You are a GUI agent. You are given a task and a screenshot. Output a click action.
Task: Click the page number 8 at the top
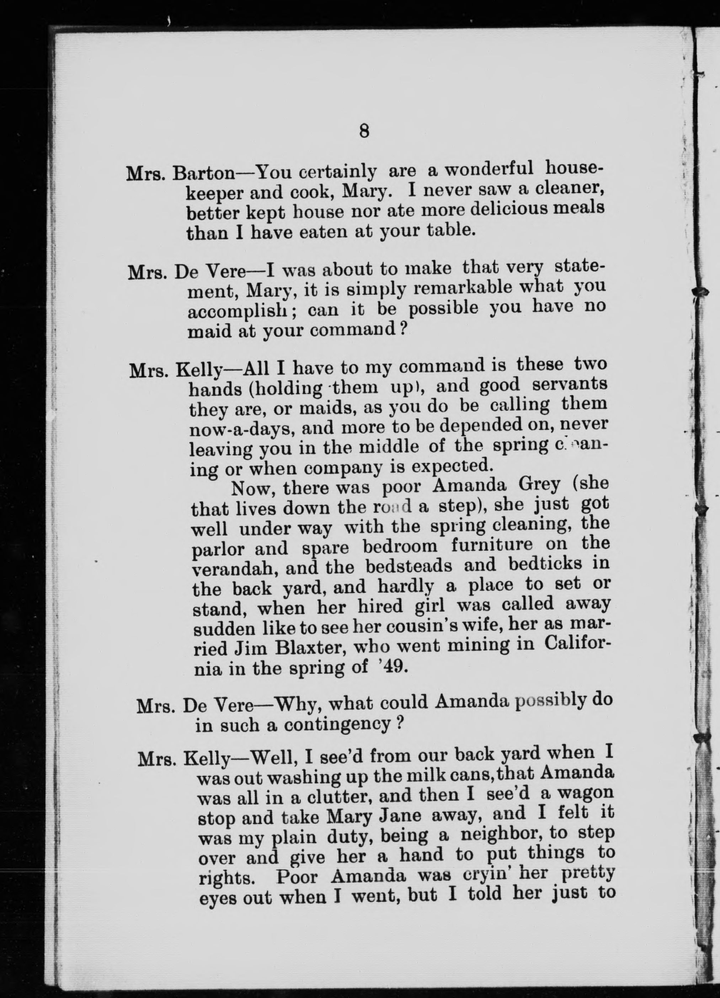pyautogui.click(x=363, y=132)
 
